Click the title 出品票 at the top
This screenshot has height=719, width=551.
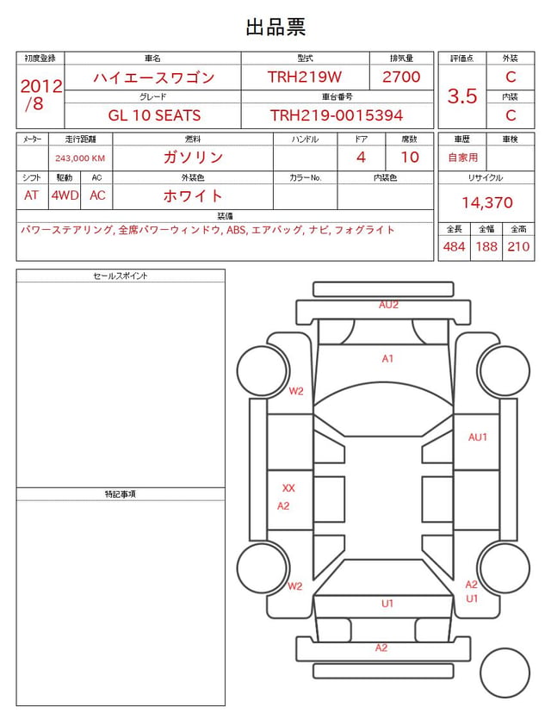[275, 27]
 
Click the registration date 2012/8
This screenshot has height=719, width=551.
[40, 95]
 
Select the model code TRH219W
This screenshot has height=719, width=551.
[305, 77]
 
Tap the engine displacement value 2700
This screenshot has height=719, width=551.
[401, 77]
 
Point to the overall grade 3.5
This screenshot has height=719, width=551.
[462, 96]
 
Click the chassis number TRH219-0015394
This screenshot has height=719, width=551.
[337, 115]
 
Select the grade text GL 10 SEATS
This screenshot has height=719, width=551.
[154, 115]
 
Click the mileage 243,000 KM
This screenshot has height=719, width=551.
[80, 158]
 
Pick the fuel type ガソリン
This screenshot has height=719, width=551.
[193, 158]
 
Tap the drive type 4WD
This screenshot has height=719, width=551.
[65, 195]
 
